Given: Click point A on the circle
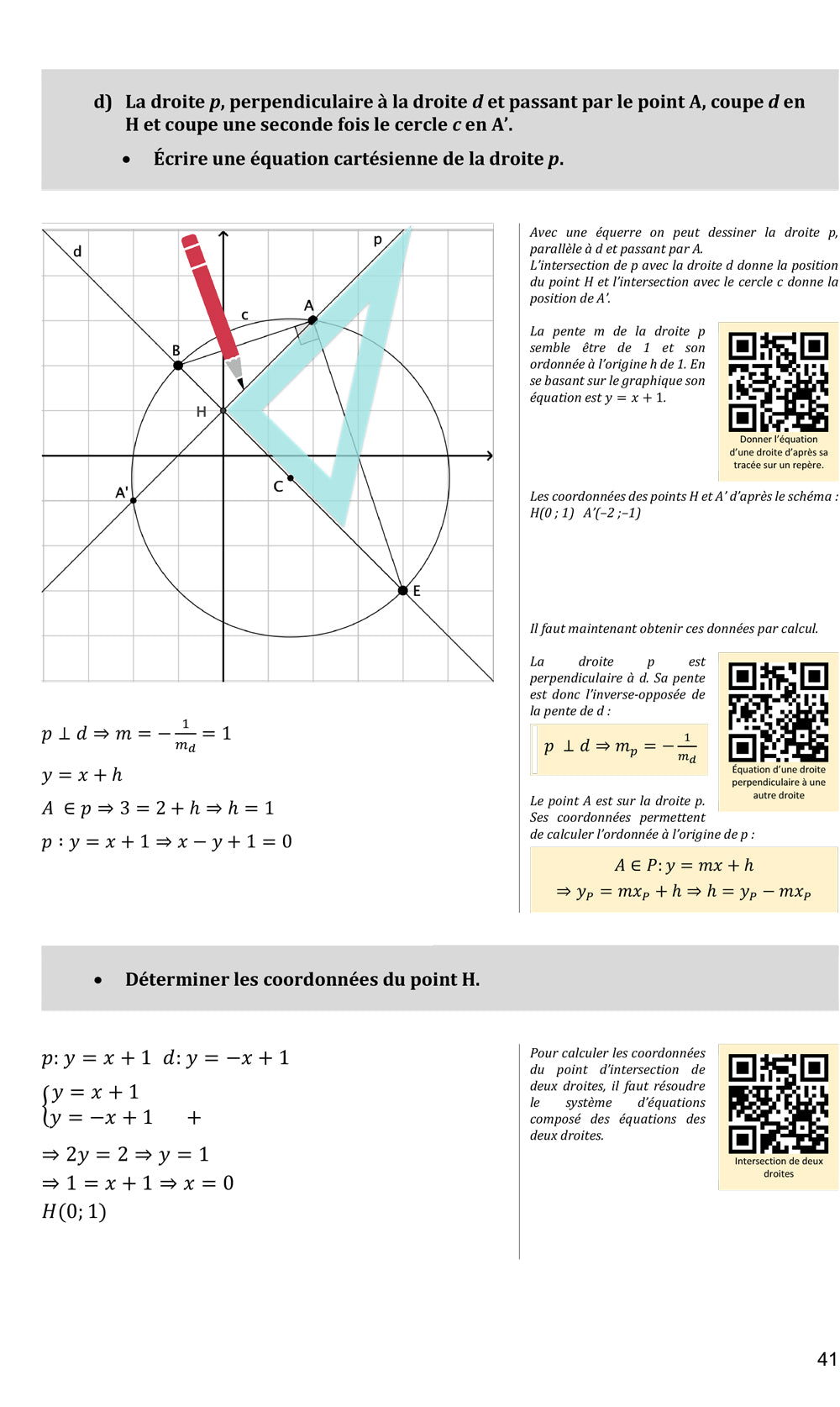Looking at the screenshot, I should [312, 320].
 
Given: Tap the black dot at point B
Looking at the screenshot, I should [178, 366].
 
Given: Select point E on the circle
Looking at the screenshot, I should [403, 591].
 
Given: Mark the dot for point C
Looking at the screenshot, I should [290, 478].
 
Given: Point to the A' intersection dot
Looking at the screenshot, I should [134, 501].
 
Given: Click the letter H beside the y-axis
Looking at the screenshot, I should [201, 412].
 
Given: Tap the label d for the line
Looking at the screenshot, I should [77, 251].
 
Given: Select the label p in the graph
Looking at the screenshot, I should [377, 240].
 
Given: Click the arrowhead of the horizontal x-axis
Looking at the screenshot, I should [488, 456].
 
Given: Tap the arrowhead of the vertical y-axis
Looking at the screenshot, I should [223, 234].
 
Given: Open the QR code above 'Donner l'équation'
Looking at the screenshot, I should [778, 382].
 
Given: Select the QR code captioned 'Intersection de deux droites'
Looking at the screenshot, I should [778, 1104].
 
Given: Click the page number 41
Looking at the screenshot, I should [827, 1359].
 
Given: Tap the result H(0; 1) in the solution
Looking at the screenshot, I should [74, 1212].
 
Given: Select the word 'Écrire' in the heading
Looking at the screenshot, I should [182, 159].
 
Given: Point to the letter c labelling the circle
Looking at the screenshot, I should [244, 315].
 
